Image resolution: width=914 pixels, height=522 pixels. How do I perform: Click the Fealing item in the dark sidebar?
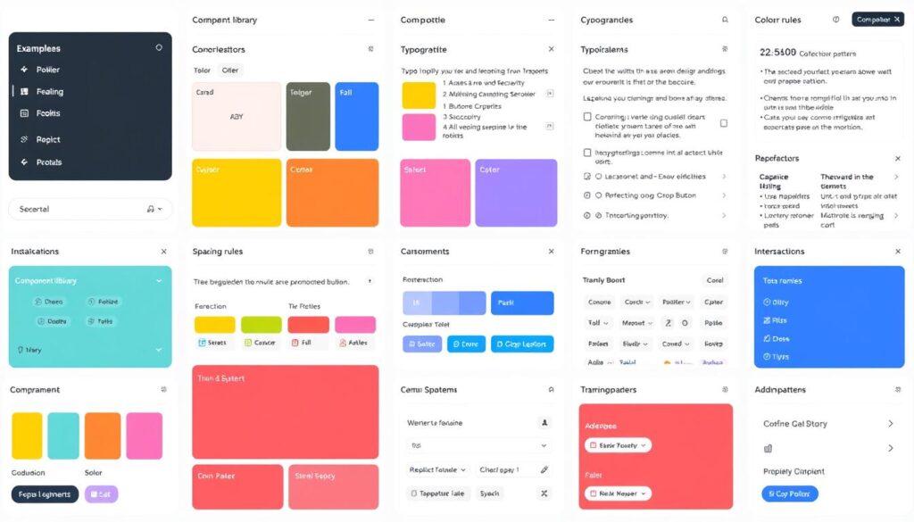click(x=50, y=91)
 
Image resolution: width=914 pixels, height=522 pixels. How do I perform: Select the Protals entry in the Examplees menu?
click(x=48, y=162)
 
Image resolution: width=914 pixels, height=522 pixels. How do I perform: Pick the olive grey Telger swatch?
click(x=308, y=116)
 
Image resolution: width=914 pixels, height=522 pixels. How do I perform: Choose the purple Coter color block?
click(x=516, y=193)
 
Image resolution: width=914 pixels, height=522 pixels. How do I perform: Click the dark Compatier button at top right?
click(x=877, y=19)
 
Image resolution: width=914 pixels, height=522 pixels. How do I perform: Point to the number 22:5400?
click(x=778, y=53)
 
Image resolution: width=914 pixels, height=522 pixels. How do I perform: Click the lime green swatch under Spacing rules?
click(x=261, y=325)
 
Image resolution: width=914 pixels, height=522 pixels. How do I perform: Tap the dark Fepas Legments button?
click(x=45, y=494)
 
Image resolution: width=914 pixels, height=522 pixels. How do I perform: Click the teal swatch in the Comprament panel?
click(x=63, y=435)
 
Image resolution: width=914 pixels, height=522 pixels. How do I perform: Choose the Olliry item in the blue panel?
click(x=777, y=302)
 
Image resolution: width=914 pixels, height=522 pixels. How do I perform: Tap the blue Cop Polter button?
click(x=789, y=493)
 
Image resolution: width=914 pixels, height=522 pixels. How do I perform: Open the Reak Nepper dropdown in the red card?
click(x=618, y=493)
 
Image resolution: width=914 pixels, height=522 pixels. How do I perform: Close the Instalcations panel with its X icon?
click(x=163, y=252)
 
